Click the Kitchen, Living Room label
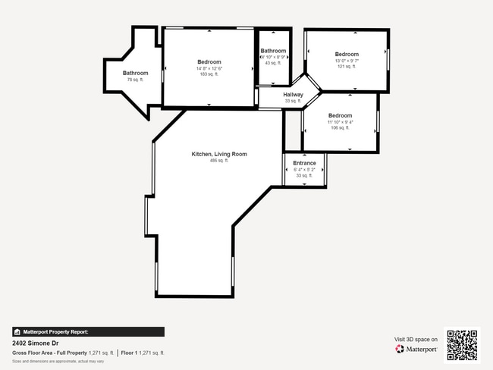point(218,154)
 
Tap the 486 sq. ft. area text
point(218,161)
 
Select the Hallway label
point(293,95)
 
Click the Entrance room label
point(304,163)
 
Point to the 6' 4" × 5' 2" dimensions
point(304,169)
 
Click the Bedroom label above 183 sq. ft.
point(209,62)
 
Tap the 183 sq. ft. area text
point(209,74)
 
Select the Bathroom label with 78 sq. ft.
point(136,73)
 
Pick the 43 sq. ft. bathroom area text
point(272,63)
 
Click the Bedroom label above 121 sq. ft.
point(347,55)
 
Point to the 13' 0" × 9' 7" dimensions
point(347,61)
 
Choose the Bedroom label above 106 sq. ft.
point(340,115)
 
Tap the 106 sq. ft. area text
point(340,127)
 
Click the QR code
point(462,345)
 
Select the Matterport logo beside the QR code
point(416,350)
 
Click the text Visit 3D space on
point(416,339)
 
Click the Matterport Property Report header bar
point(88,331)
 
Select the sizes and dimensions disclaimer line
point(58,361)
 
